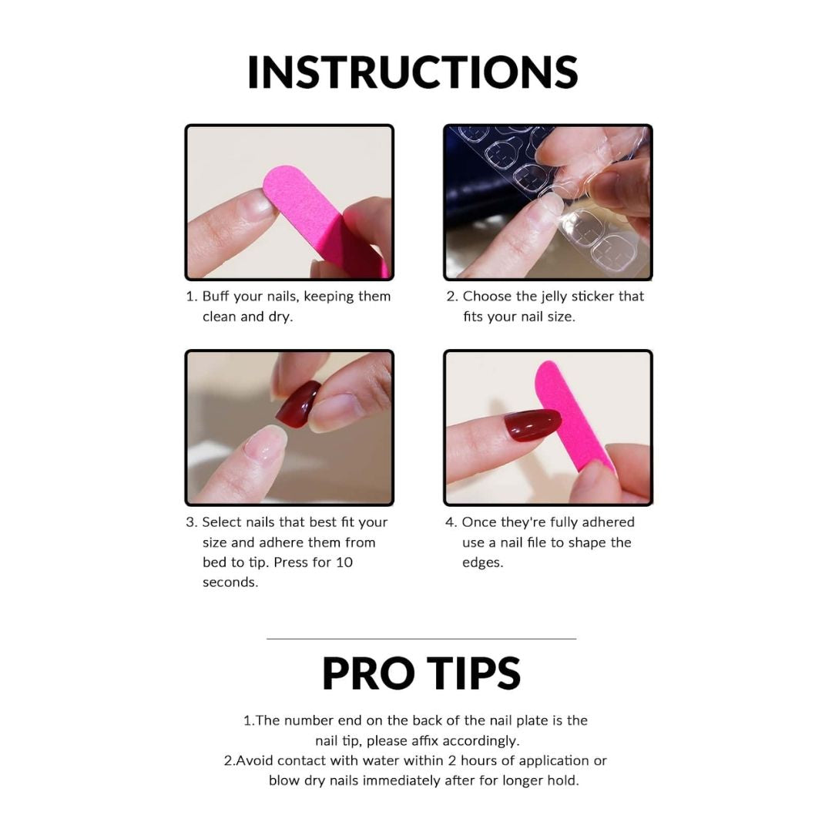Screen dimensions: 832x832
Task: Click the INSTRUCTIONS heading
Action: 412,72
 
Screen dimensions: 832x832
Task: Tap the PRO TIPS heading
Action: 421,673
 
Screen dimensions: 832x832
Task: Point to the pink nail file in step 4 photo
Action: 570,416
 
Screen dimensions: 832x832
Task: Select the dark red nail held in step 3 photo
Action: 297,404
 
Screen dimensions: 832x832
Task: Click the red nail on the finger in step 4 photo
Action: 532,424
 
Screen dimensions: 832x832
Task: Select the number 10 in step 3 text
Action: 344,562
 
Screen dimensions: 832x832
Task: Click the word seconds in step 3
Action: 230,582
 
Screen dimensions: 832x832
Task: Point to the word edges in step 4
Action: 482,562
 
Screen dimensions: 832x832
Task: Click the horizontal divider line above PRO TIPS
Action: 421,639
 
